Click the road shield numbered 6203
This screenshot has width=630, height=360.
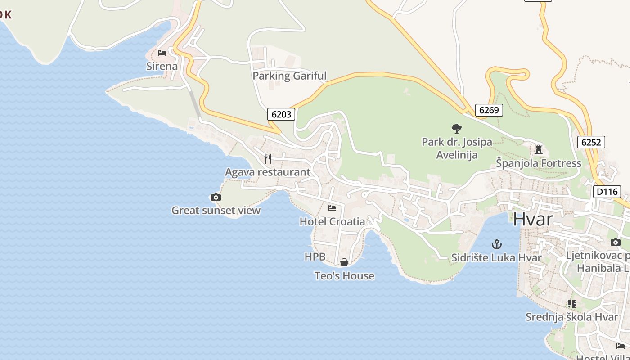(x=282, y=114)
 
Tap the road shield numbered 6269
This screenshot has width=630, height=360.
(x=489, y=110)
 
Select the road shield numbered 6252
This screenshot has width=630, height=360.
(x=591, y=142)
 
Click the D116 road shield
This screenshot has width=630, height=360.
(x=606, y=192)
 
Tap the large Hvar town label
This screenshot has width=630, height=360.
(x=533, y=219)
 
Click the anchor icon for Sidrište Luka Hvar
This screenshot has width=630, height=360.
(x=496, y=244)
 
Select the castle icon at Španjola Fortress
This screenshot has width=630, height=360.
(x=539, y=150)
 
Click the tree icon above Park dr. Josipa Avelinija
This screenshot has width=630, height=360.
(x=456, y=129)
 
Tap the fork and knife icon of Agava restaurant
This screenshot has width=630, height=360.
(x=268, y=158)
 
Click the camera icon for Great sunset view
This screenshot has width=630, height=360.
(x=216, y=197)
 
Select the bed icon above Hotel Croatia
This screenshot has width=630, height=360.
(x=332, y=208)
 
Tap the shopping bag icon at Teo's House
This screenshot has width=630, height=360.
(x=344, y=262)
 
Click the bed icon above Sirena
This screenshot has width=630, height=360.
(x=162, y=53)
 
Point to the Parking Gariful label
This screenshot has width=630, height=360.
(x=289, y=76)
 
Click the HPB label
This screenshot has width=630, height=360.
(x=315, y=256)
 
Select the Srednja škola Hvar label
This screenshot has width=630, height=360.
(x=572, y=317)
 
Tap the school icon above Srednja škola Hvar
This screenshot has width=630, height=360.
(x=572, y=304)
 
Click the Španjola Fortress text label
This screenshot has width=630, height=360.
(x=539, y=163)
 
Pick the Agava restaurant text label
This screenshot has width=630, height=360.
(x=268, y=172)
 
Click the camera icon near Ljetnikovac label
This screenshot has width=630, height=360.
(x=616, y=242)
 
